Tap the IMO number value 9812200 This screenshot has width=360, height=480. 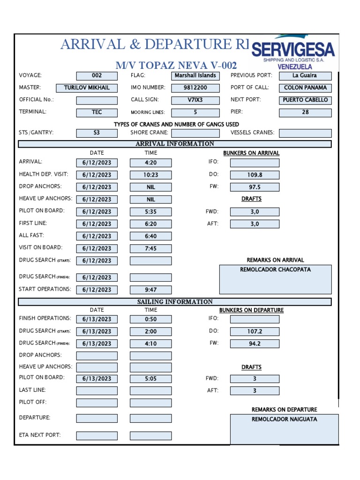click(x=195, y=88)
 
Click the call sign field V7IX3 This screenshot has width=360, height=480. click(x=195, y=100)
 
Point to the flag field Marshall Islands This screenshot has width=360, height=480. click(x=195, y=75)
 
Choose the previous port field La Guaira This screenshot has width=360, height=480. click(x=305, y=75)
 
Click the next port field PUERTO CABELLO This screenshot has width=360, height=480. click(x=305, y=100)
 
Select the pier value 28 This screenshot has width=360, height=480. click(x=305, y=112)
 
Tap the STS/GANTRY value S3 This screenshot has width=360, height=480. click(x=97, y=133)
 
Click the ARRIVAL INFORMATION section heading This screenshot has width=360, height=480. click(x=175, y=144)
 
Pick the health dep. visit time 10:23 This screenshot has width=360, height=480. click(x=150, y=175)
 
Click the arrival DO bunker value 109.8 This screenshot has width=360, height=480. click(x=255, y=175)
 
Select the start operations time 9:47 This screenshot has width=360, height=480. click(x=150, y=290)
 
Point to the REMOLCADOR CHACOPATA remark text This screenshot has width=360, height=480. click(x=275, y=270)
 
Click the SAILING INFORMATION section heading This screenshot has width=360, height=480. click(x=175, y=302)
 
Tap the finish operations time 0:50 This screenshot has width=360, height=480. click(x=150, y=319)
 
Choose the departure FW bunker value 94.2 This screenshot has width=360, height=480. click(x=255, y=344)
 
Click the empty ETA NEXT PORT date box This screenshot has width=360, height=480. click(x=97, y=436)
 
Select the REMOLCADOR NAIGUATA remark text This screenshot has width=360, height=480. click(x=284, y=419)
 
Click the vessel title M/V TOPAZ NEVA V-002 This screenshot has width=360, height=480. click(x=176, y=65)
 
